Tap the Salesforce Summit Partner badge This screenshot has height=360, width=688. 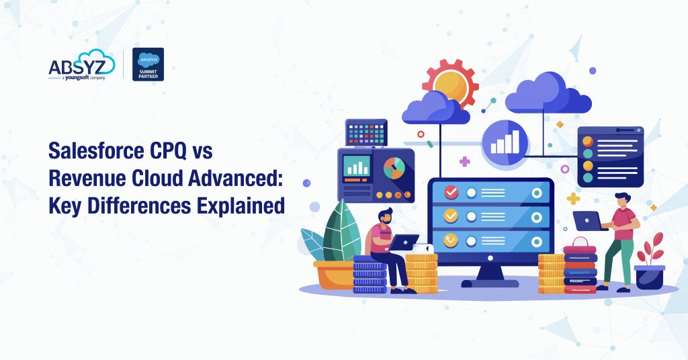click(x=148, y=64)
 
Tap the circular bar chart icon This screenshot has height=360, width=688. click(x=505, y=142)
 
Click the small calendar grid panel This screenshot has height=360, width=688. click(x=366, y=132)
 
